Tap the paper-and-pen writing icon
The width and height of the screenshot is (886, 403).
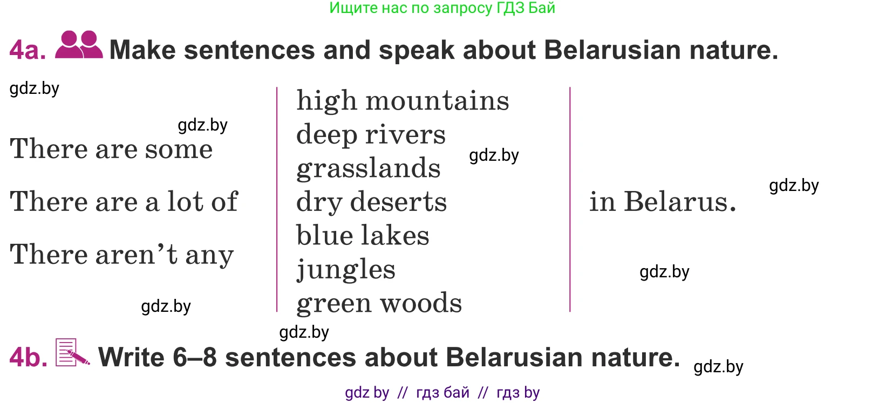(x=72, y=352)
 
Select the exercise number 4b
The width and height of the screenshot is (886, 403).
(x=29, y=358)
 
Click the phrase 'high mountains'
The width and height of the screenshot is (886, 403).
(x=403, y=100)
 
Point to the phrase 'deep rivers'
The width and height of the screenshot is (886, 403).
(x=371, y=135)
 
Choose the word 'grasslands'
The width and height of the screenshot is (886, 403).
(x=368, y=168)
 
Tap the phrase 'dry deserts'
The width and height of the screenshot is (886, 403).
(x=371, y=202)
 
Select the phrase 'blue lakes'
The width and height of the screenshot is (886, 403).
(x=363, y=235)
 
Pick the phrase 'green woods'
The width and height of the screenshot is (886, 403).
(x=379, y=304)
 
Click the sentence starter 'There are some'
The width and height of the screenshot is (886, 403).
(x=111, y=149)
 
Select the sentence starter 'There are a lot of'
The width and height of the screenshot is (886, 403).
(x=124, y=201)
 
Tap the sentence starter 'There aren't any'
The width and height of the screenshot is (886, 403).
(x=122, y=255)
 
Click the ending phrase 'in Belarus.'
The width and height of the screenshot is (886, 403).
(x=663, y=201)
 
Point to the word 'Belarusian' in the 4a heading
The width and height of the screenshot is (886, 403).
(x=612, y=50)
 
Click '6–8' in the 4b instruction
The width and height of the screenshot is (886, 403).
(x=195, y=358)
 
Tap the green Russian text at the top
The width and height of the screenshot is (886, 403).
(x=442, y=8)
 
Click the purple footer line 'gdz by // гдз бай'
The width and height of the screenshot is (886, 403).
(x=442, y=393)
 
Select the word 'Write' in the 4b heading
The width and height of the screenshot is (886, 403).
(x=131, y=358)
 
